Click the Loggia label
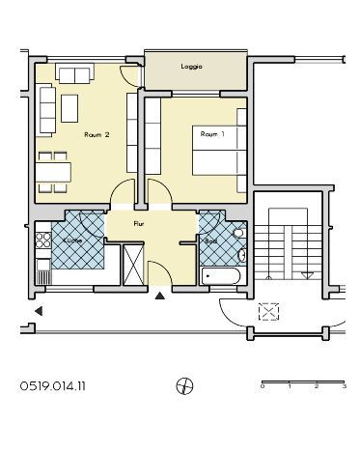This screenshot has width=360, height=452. tap(191, 67)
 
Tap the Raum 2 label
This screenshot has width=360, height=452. tap(97, 134)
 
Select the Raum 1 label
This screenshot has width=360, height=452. tap(212, 134)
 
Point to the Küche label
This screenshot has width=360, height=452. tap(70, 240)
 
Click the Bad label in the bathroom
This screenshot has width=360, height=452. tap(209, 240)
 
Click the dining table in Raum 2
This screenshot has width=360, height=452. tap(54, 171)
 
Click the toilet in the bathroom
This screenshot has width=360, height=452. tap(239, 255)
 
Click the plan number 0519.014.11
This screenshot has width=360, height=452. tap(52, 385)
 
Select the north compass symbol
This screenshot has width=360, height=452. tap(184, 386)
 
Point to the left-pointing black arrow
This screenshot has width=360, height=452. tap(39, 311)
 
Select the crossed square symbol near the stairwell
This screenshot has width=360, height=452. tap(267, 311)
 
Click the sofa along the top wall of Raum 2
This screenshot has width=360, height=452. tap(73, 73)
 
